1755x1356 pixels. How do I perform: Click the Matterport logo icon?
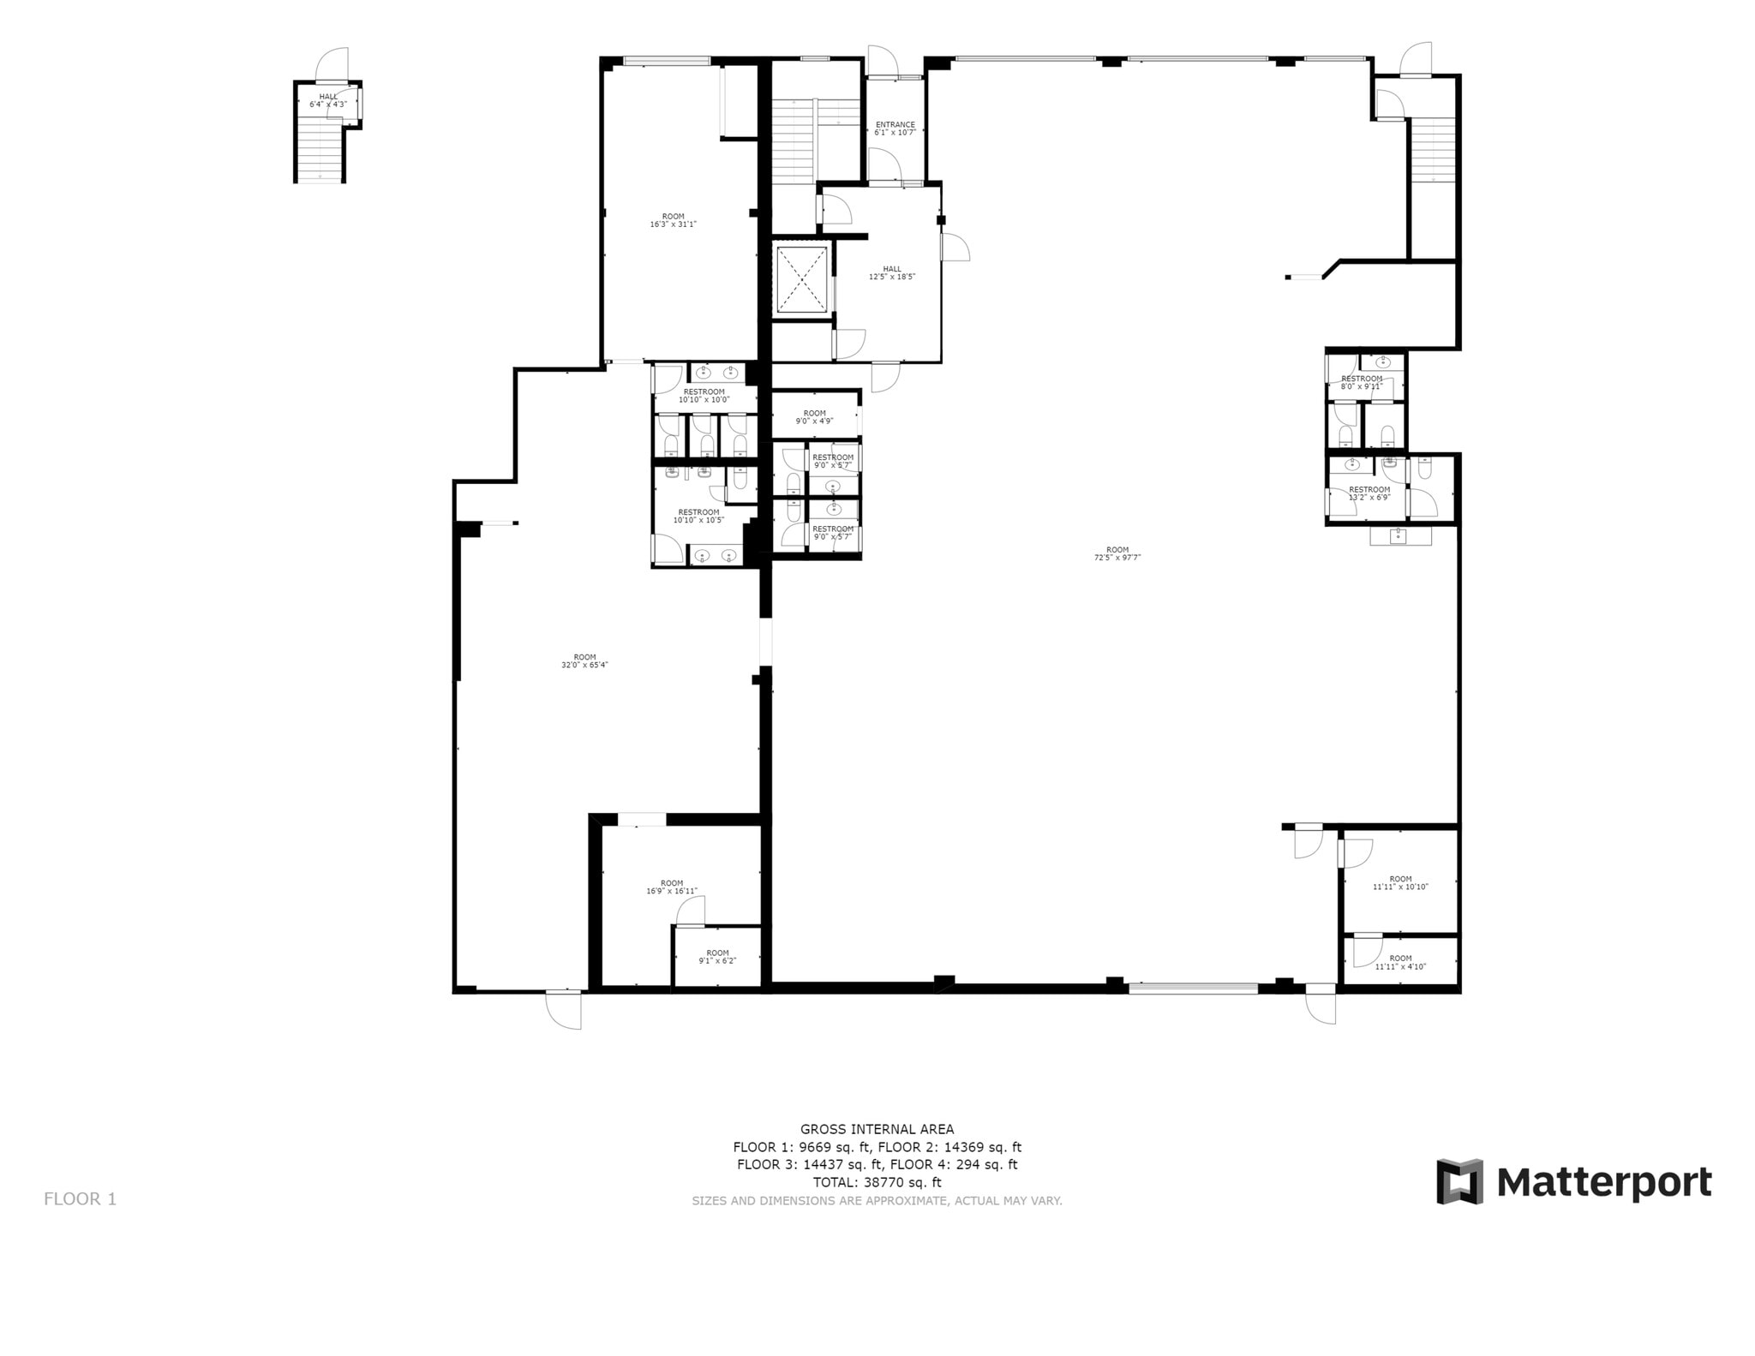tap(1459, 1181)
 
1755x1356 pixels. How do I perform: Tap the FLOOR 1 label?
tap(80, 1198)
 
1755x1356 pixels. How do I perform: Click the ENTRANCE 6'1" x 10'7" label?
tap(895, 128)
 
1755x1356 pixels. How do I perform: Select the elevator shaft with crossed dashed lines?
tap(801, 279)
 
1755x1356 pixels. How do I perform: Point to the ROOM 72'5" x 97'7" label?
tap(1117, 553)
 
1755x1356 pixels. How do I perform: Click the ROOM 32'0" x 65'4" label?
tap(584, 660)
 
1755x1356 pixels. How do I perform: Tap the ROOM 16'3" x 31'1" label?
tap(673, 220)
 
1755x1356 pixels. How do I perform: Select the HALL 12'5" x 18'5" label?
tap(892, 272)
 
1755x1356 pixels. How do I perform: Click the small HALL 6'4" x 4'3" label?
tap(328, 100)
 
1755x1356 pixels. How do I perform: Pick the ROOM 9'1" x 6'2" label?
tap(717, 956)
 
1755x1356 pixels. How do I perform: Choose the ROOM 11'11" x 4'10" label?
tap(1400, 962)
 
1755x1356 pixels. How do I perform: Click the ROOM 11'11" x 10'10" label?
tap(1400, 882)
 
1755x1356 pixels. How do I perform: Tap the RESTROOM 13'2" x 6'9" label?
tap(1369, 493)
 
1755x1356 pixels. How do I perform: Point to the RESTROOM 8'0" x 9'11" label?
tap(1362, 382)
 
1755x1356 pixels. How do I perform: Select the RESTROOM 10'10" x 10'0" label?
tap(704, 395)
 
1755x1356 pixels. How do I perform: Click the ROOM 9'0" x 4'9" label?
tap(814, 416)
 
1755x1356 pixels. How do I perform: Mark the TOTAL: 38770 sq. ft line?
tap(877, 1182)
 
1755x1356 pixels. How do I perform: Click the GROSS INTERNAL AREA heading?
tap(877, 1129)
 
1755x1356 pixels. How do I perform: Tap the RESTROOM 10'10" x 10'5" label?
tap(698, 516)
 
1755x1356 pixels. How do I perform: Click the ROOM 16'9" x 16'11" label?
tap(672, 887)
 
